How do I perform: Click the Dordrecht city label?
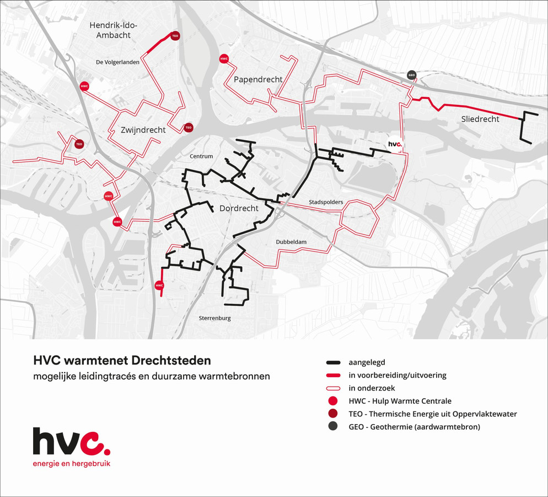[x=239, y=209]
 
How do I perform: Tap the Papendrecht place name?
[x=258, y=80]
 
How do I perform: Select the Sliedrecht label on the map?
[x=480, y=119]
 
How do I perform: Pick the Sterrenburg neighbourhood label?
[x=214, y=318]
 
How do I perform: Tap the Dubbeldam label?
[x=291, y=242]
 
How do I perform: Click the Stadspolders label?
[x=326, y=202]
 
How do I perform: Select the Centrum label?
[x=201, y=156]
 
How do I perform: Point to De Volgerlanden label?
[x=117, y=62]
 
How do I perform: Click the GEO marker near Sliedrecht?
[x=411, y=75]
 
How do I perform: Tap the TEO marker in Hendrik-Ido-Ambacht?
[x=175, y=36]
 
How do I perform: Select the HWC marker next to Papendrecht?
[x=224, y=59]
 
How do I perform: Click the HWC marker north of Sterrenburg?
[x=159, y=285]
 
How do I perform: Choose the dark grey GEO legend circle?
[x=332, y=427]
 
